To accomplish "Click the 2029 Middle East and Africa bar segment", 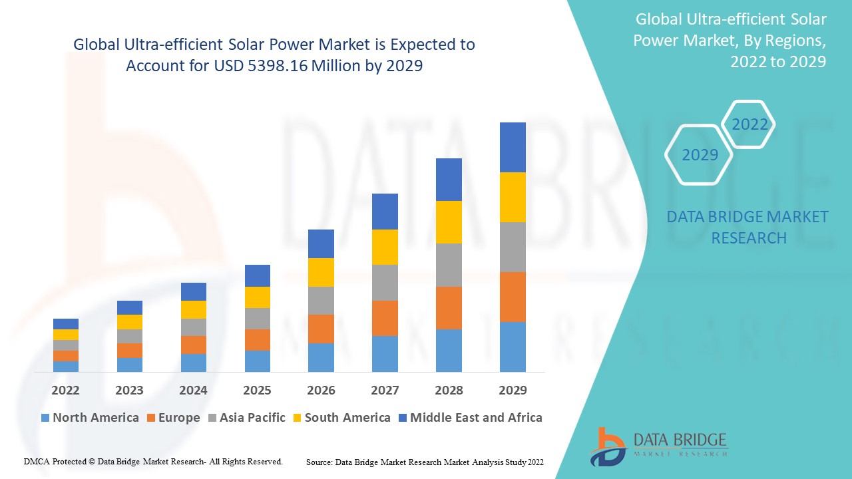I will click(x=513, y=147).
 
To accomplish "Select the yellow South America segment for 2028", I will click(x=449, y=222).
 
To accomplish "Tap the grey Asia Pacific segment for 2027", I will click(x=385, y=283).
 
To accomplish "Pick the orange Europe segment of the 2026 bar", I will click(x=321, y=329).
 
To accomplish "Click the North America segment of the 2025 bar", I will click(x=258, y=361).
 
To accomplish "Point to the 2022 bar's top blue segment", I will click(x=66, y=324).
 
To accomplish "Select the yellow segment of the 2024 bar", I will click(x=194, y=309).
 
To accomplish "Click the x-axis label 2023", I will click(x=129, y=390).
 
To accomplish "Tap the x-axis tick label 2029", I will click(x=513, y=390).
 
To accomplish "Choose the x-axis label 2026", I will click(x=321, y=390).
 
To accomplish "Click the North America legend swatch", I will click(x=45, y=418).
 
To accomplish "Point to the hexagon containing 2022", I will click(x=749, y=124).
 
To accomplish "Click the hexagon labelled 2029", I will click(x=700, y=155).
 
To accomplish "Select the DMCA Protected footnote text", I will click(x=153, y=461).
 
